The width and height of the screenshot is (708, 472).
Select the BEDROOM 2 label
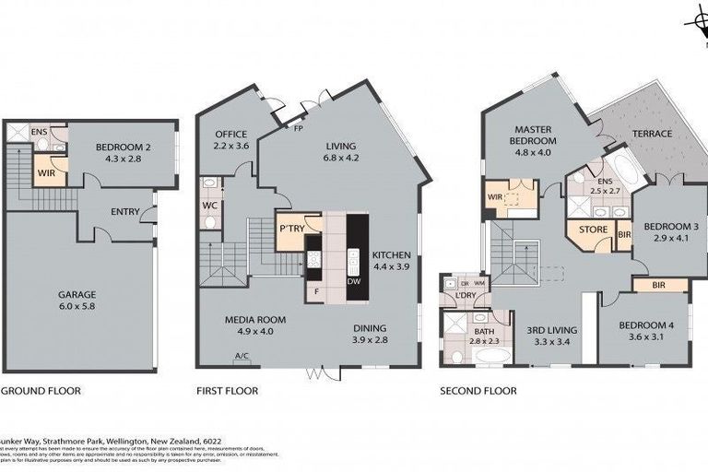pyautogui.click(x=122, y=146)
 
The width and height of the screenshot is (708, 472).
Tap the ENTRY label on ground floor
pyautogui.click(x=124, y=212)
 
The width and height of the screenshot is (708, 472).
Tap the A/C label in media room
pyautogui.click(x=242, y=357)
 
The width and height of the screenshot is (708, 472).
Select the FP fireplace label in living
pyautogui.click(x=299, y=128)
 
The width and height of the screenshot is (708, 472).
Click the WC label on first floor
pyautogui.click(x=209, y=206)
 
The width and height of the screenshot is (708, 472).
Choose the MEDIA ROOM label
pyautogui.click(x=255, y=320)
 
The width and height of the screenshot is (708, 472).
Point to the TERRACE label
pyautogui.click(x=652, y=134)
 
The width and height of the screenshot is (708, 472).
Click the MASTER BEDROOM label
pyautogui.click(x=533, y=136)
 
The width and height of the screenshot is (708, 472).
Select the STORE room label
pyautogui.click(x=591, y=230)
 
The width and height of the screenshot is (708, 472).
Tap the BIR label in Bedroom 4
pyautogui.click(x=658, y=286)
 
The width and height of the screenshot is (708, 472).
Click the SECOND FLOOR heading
pyautogui.click(x=478, y=391)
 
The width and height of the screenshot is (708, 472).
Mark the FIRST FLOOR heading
pyautogui.click(x=227, y=391)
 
